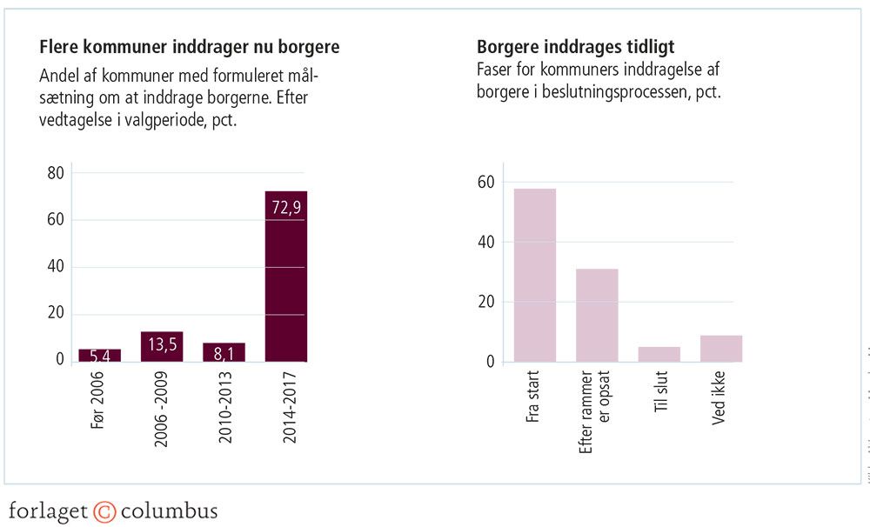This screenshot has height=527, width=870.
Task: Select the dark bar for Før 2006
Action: (100, 355)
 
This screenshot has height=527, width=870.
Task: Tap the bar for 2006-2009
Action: (162, 346)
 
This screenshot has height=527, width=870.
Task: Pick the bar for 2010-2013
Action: (224, 351)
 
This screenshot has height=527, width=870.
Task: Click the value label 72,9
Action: (286, 209)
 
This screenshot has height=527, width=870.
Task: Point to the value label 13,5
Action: (162, 344)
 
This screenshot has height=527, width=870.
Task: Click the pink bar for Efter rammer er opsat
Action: (597, 315)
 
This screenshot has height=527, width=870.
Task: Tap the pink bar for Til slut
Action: (659, 354)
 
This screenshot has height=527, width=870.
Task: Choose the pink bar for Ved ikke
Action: (721, 348)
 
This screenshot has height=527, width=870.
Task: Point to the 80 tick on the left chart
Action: (55, 173)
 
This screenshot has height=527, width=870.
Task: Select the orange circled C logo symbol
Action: (104, 510)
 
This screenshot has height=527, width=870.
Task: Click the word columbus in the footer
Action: (169, 510)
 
